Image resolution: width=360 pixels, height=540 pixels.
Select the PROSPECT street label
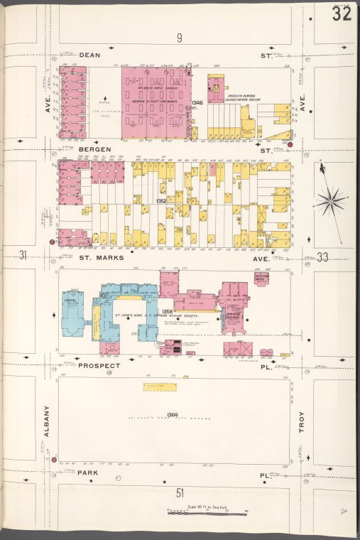click(97, 365)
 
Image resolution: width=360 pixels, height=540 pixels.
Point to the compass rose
click(331, 201)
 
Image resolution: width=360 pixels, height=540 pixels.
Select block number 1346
click(197, 103)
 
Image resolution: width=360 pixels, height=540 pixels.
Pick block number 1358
click(168, 311)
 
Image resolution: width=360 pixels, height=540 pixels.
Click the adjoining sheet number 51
click(180, 492)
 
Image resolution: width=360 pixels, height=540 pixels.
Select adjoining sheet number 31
click(23, 256)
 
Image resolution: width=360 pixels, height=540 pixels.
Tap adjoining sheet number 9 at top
click(180, 37)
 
